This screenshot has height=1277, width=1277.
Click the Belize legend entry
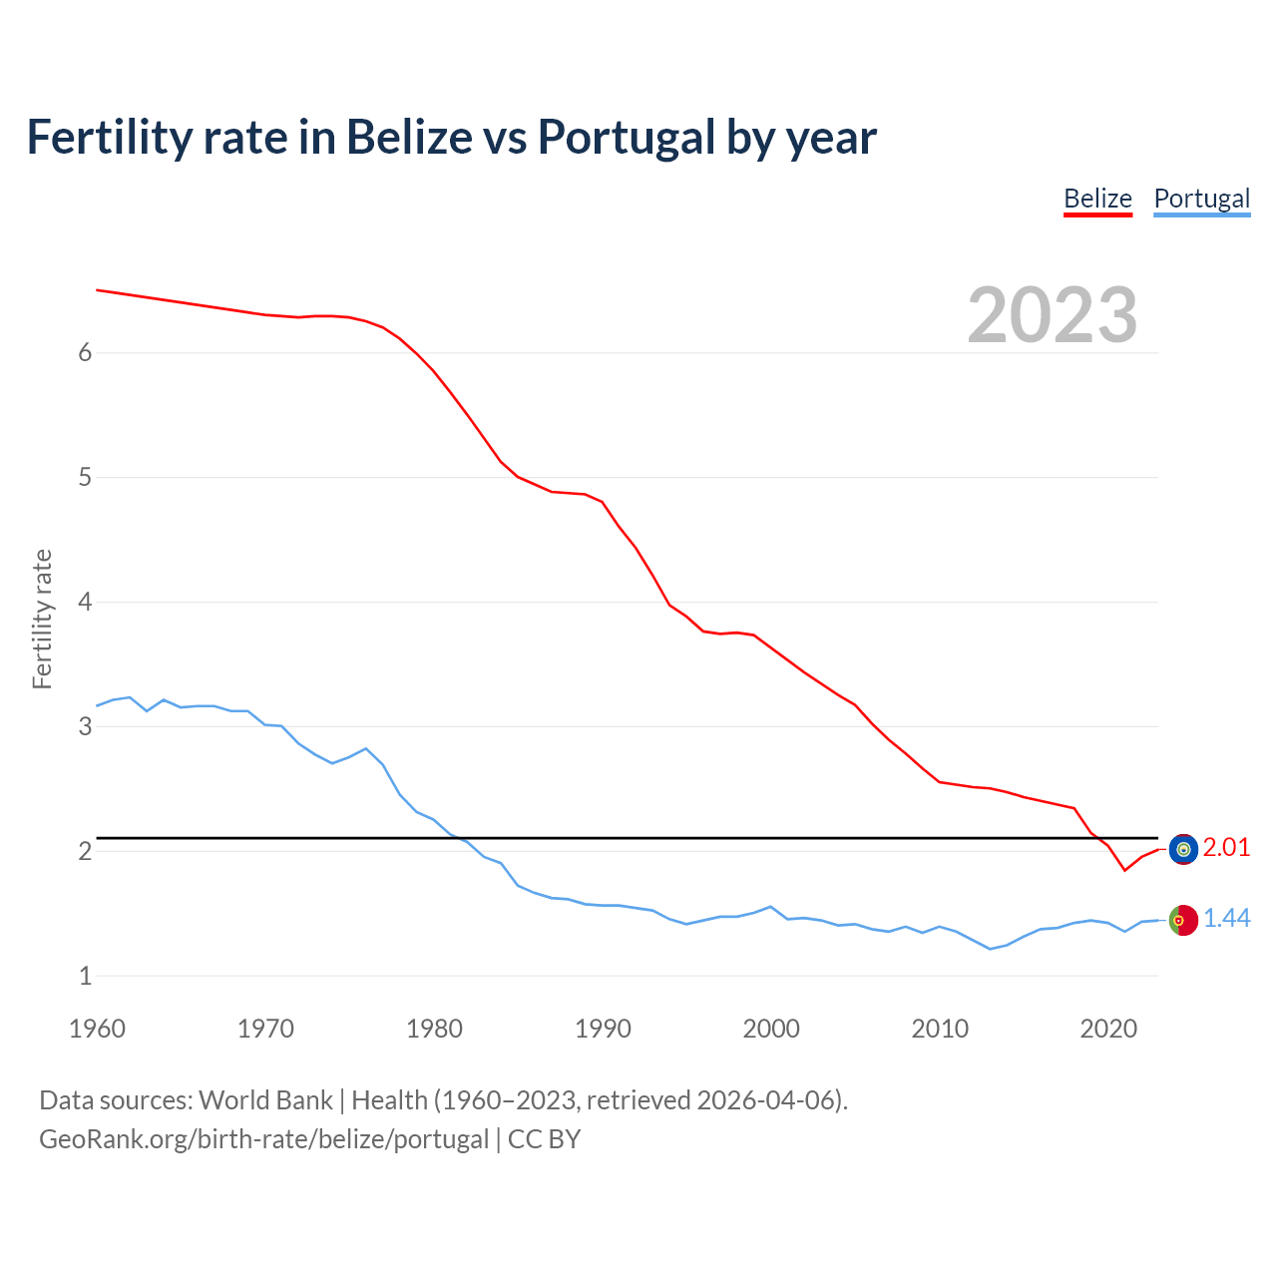tap(1097, 199)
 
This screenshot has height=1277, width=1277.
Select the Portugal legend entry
tap(1201, 199)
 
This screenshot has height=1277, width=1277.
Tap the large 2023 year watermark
tap(1053, 315)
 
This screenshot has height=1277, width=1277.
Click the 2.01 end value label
tap(1226, 847)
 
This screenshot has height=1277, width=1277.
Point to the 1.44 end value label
tap(1226, 919)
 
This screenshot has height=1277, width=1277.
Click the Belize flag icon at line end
tap(1183, 849)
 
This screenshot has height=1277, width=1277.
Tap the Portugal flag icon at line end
tap(1183, 920)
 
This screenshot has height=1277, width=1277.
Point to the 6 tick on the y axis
tap(85, 353)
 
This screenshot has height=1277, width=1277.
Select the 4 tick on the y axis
tap(85, 602)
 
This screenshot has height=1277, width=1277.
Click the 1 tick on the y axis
tap(85, 976)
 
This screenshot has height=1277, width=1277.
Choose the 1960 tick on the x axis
tap(97, 1029)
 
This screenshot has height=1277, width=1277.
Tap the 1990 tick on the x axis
tap(603, 1029)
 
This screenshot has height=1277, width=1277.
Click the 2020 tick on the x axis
tap(1108, 1029)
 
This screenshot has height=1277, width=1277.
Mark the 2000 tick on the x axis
tap(771, 1029)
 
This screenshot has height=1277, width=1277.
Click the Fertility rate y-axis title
tap(42, 619)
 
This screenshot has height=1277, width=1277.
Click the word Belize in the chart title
tap(409, 137)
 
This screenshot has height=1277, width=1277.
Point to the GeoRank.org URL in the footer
tap(263, 1139)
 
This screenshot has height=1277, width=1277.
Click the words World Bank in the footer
tap(265, 1100)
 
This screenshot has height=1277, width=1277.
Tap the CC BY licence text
tap(544, 1139)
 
